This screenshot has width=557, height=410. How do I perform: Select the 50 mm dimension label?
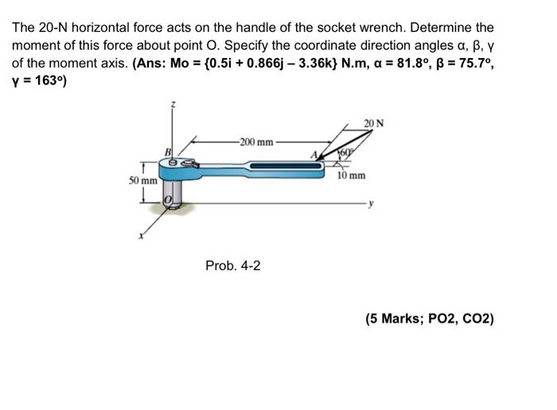point(143,181)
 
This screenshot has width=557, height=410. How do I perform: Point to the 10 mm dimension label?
point(351,176)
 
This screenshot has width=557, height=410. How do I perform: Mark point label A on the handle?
point(314,155)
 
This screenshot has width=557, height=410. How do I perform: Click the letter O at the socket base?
point(168,202)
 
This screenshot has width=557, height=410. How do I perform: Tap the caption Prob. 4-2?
point(232,265)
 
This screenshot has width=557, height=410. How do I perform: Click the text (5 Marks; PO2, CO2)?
point(430,319)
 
